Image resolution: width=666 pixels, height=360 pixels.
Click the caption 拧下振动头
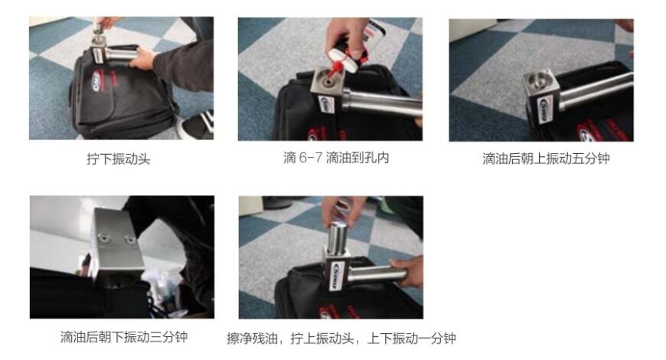coord(119,159)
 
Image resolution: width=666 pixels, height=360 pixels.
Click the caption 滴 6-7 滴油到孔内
coord(336,158)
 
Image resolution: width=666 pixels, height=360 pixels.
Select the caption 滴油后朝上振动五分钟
coord(546,159)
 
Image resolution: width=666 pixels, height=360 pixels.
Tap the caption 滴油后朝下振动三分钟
coord(123,337)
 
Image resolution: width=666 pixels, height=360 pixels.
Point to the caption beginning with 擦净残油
coord(341,339)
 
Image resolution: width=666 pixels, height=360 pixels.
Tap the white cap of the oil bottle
coord(344,56)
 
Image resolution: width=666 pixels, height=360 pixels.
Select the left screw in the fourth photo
coord(103,237)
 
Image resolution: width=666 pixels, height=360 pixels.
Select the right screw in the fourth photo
coord(129,241)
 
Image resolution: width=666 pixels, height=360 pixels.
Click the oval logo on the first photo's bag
coord(96,80)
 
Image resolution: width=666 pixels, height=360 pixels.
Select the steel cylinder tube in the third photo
coord(596,90)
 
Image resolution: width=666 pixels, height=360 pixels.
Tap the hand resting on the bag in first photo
coord(143,59)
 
